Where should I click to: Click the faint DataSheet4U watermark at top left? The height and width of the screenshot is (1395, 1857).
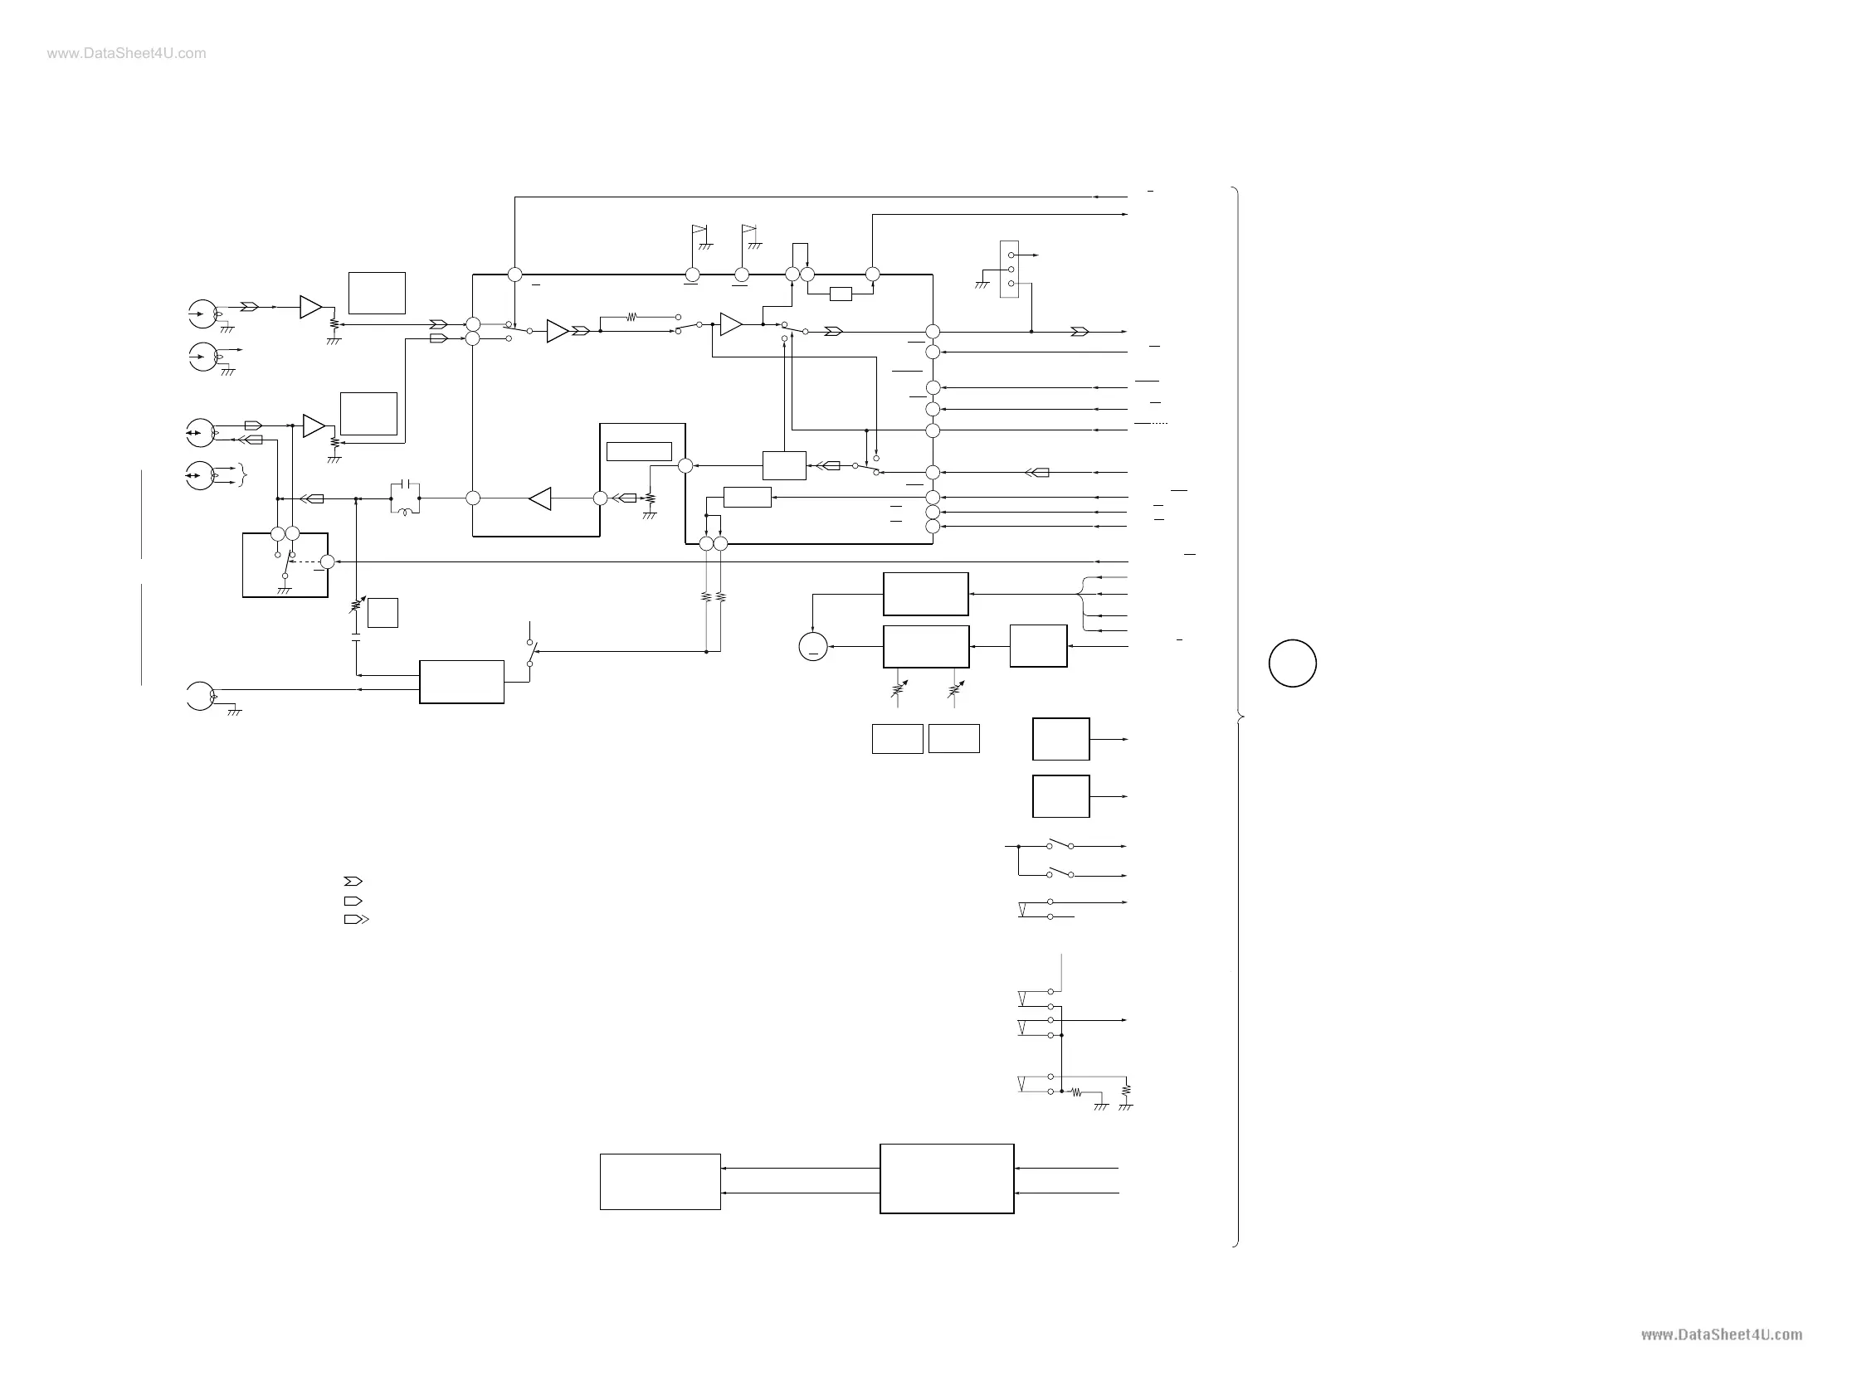pos(126,54)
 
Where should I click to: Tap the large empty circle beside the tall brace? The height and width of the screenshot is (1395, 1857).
pos(1292,663)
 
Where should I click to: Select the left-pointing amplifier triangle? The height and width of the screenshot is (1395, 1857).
pos(540,498)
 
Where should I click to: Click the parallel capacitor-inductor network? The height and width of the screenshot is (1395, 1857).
pos(405,498)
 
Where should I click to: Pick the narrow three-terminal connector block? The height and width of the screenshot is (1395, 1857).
pos(1010,270)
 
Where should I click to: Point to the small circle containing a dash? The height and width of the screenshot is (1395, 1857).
pos(812,647)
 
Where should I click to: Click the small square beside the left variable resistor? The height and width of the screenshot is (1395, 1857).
pos(383,613)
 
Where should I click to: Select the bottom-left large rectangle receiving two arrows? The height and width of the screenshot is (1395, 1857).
pos(660,1182)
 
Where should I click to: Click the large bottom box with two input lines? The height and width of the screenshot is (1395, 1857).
pos(946,1179)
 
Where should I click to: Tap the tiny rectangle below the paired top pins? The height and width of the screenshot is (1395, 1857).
pos(840,294)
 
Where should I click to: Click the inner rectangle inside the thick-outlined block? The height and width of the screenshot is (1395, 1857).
pos(639,451)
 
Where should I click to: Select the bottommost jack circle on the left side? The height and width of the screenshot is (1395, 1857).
pos(201,696)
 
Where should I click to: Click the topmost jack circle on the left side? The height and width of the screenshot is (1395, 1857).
pos(202,314)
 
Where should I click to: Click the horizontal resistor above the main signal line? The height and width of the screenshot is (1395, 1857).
pos(631,318)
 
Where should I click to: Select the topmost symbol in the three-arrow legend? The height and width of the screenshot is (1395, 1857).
pos(353,882)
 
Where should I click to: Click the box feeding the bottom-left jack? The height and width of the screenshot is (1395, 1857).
pos(461,682)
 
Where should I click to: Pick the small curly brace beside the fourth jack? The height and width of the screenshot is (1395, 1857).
pos(243,475)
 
